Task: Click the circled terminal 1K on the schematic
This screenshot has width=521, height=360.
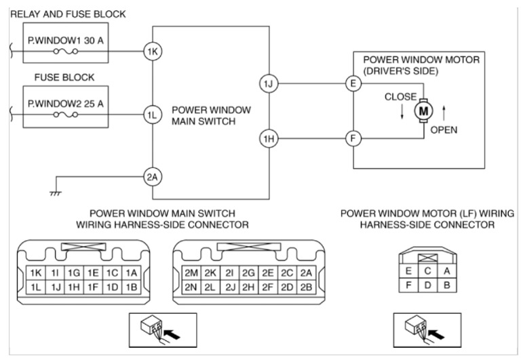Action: (x=152, y=51)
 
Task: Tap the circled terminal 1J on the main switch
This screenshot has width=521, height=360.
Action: (x=267, y=84)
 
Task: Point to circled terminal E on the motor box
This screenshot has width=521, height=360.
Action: (x=352, y=84)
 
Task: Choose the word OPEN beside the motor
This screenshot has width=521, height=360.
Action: (x=444, y=129)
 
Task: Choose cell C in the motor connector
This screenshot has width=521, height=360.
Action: (x=427, y=271)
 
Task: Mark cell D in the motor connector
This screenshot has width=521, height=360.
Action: (x=427, y=285)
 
